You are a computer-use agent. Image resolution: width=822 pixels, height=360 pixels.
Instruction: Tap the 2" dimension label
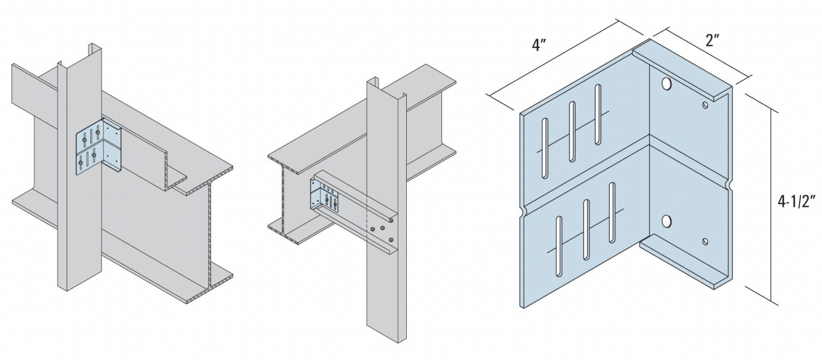(x=712, y=40)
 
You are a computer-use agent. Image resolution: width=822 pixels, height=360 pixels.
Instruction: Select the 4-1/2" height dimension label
(x=795, y=202)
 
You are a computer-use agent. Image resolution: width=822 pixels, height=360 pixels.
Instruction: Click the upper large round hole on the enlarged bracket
(x=666, y=83)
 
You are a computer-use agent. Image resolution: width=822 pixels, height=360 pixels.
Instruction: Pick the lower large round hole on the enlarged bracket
(x=666, y=220)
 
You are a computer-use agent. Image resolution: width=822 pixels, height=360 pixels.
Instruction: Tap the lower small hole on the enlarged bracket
(x=706, y=242)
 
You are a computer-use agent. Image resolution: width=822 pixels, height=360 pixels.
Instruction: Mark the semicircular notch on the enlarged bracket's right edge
(x=729, y=185)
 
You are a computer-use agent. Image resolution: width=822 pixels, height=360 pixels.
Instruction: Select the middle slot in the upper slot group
(x=572, y=131)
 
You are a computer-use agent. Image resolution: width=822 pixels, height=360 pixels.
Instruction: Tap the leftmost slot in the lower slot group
(x=559, y=246)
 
